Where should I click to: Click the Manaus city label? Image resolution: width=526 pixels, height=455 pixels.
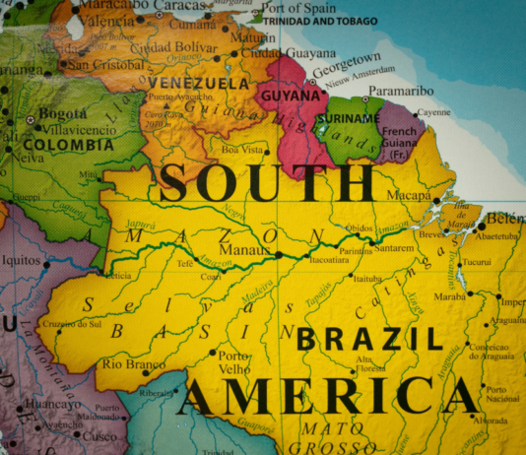point(249,251)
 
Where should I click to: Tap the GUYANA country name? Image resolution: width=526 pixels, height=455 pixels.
point(290,97)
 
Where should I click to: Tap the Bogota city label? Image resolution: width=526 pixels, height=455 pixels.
point(63,114)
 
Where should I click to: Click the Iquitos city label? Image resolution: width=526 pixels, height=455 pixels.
point(19,263)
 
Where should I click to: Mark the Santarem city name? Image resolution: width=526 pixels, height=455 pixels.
point(395,249)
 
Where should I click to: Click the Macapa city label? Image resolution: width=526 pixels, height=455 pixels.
point(408,195)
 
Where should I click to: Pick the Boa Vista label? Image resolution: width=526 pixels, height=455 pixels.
point(243,150)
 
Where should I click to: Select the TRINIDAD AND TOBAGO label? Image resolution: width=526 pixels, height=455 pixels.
point(320,21)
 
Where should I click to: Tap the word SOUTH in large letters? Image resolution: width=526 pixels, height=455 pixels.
point(267,184)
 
